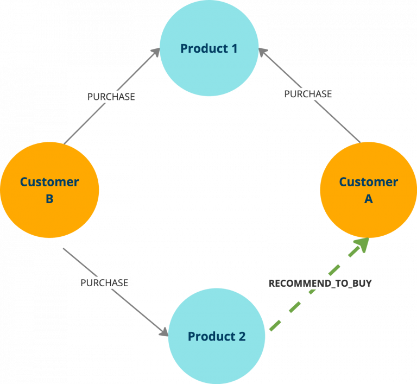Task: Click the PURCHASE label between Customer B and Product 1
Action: tap(111, 97)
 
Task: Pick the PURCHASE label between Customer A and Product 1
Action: tap(308, 94)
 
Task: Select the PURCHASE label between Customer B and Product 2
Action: tap(104, 283)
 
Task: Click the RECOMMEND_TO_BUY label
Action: tap(320, 284)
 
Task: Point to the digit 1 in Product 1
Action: tap(233, 48)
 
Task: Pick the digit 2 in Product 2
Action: tap(242, 337)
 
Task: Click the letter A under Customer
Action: tap(368, 199)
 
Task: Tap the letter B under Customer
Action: tap(49, 199)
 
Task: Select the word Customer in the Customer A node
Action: tap(368, 182)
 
